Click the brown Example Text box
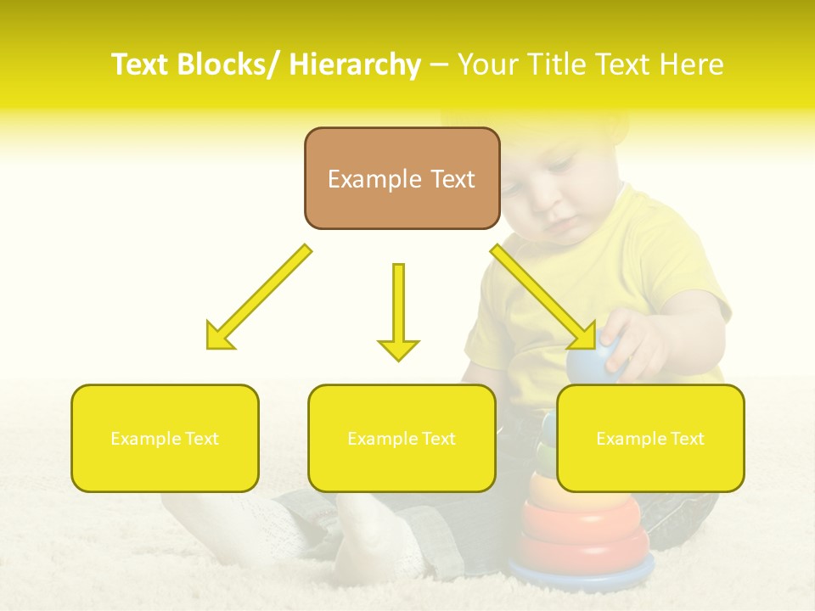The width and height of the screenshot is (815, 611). coord(402,178)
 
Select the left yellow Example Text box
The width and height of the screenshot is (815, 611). coord(165,438)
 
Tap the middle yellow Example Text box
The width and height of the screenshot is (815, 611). coord(402,438)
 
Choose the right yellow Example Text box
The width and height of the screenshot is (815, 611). coord(650,438)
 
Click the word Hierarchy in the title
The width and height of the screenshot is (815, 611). coord(355,64)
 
